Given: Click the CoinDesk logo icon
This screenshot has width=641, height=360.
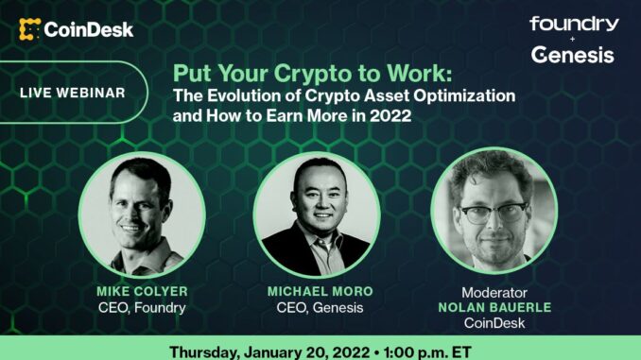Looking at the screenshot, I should tap(29, 29).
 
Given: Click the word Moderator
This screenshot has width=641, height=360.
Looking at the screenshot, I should tap(494, 293).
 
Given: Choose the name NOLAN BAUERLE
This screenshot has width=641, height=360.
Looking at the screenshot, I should tap(494, 309).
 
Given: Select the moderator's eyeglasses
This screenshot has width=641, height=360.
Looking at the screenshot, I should tap(494, 210).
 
